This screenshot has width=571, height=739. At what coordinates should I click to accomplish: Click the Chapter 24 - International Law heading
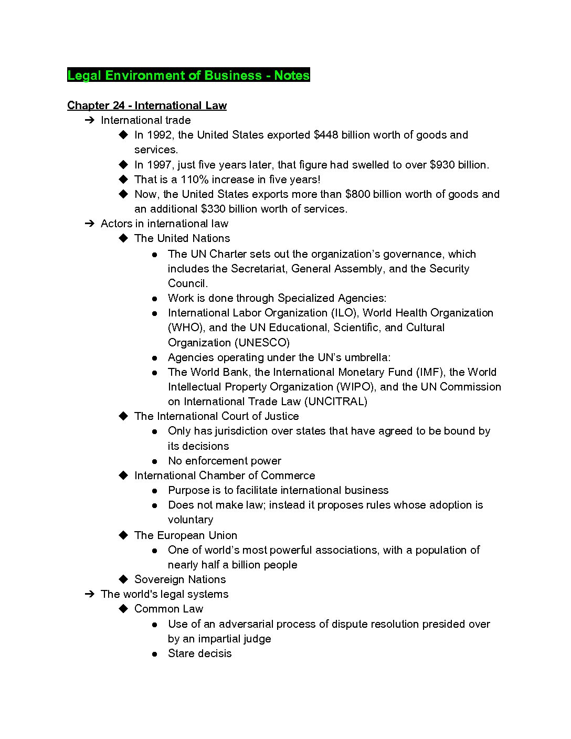coord(146,105)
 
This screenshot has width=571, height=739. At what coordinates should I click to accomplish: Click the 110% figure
coord(194,180)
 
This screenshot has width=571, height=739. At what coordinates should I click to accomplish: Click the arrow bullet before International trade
coord(89,120)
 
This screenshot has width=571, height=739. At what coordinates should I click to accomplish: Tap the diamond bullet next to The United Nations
coord(123,238)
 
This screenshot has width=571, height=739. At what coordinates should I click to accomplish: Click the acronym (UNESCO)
coord(262,343)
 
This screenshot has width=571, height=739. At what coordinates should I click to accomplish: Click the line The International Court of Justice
coord(216,416)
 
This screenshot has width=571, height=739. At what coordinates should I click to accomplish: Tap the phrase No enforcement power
coord(224,461)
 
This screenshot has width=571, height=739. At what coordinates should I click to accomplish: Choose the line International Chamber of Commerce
coord(225,476)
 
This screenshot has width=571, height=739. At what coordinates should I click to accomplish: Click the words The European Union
coord(185,535)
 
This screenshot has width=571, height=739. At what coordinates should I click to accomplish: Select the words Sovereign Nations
coord(179,579)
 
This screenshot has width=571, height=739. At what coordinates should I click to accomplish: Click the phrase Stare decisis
coord(199,653)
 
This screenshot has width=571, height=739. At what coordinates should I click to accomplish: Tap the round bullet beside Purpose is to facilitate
coord(155,491)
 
